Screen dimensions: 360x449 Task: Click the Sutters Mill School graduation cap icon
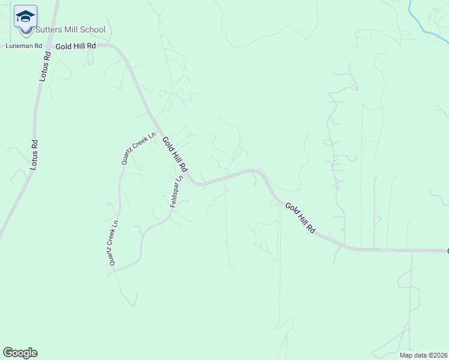coord(25,16)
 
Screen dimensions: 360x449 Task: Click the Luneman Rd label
coord(24,46)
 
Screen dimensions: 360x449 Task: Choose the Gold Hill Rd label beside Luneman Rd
coord(76,46)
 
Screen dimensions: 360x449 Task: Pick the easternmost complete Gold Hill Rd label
coord(300,217)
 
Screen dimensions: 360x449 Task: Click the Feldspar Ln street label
coord(175,192)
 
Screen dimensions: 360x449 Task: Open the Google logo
coord(20,353)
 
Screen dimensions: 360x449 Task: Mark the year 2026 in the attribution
coord(439,355)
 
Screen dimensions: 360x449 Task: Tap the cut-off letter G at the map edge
coord(447,250)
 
